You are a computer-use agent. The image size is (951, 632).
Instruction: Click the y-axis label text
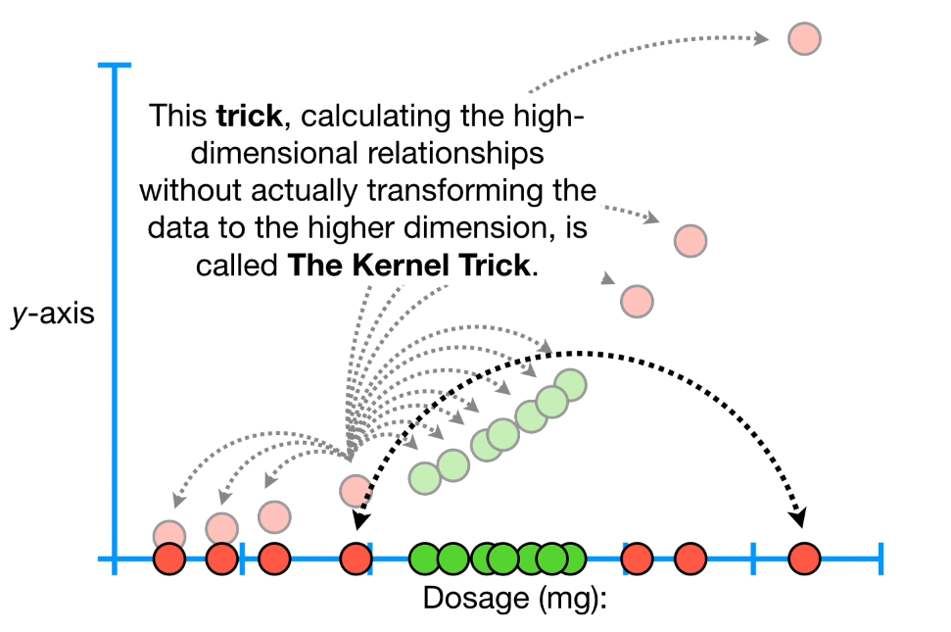pos(53,317)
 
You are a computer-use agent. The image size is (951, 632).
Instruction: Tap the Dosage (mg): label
pos(515,598)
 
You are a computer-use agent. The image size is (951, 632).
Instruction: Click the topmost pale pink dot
pos(803,38)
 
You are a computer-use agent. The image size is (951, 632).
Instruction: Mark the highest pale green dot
pos(569,385)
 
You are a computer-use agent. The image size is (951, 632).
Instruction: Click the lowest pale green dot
pos(425,477)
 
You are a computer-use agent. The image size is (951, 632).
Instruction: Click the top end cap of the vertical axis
pos(115,66)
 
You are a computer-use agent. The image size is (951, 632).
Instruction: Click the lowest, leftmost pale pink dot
pos(169,534)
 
